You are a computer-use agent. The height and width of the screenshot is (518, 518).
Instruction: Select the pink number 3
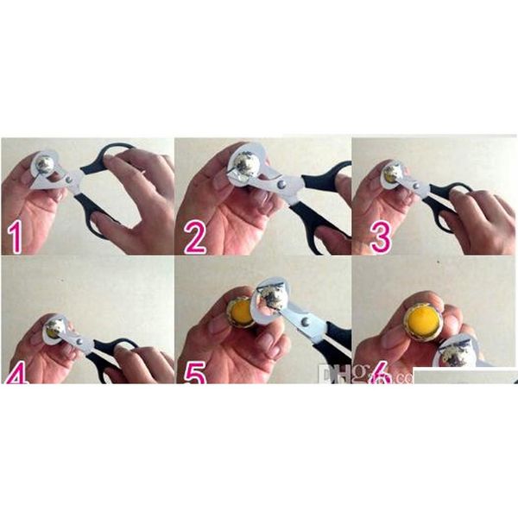381,234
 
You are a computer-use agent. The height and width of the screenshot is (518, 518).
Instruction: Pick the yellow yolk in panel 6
423,319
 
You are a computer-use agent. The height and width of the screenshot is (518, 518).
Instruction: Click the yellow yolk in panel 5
242,312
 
